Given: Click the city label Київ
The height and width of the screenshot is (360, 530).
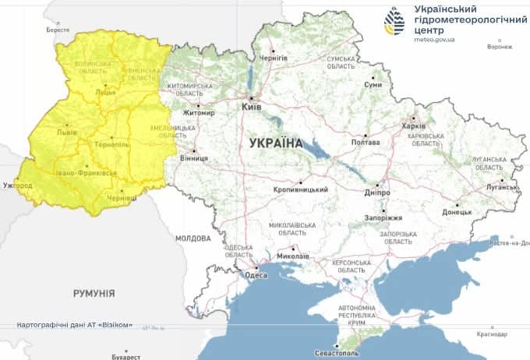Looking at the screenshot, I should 251,106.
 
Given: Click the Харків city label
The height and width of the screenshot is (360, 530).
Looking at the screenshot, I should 412,126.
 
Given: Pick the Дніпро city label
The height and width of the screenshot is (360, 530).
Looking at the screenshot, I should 376,192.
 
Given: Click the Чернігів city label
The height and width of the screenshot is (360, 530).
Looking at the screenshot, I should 274,58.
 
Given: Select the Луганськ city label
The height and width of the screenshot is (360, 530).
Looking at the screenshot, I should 500,187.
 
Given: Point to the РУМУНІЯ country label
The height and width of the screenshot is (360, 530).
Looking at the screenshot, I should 94,294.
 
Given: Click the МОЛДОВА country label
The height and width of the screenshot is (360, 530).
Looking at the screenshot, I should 193,238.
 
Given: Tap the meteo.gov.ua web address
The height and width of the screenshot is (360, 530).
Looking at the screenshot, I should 434,38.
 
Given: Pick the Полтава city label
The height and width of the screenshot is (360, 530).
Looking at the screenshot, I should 365,143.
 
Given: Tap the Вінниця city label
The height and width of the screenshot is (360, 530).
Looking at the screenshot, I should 193,158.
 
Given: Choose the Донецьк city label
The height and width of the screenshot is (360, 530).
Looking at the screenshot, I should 457,212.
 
